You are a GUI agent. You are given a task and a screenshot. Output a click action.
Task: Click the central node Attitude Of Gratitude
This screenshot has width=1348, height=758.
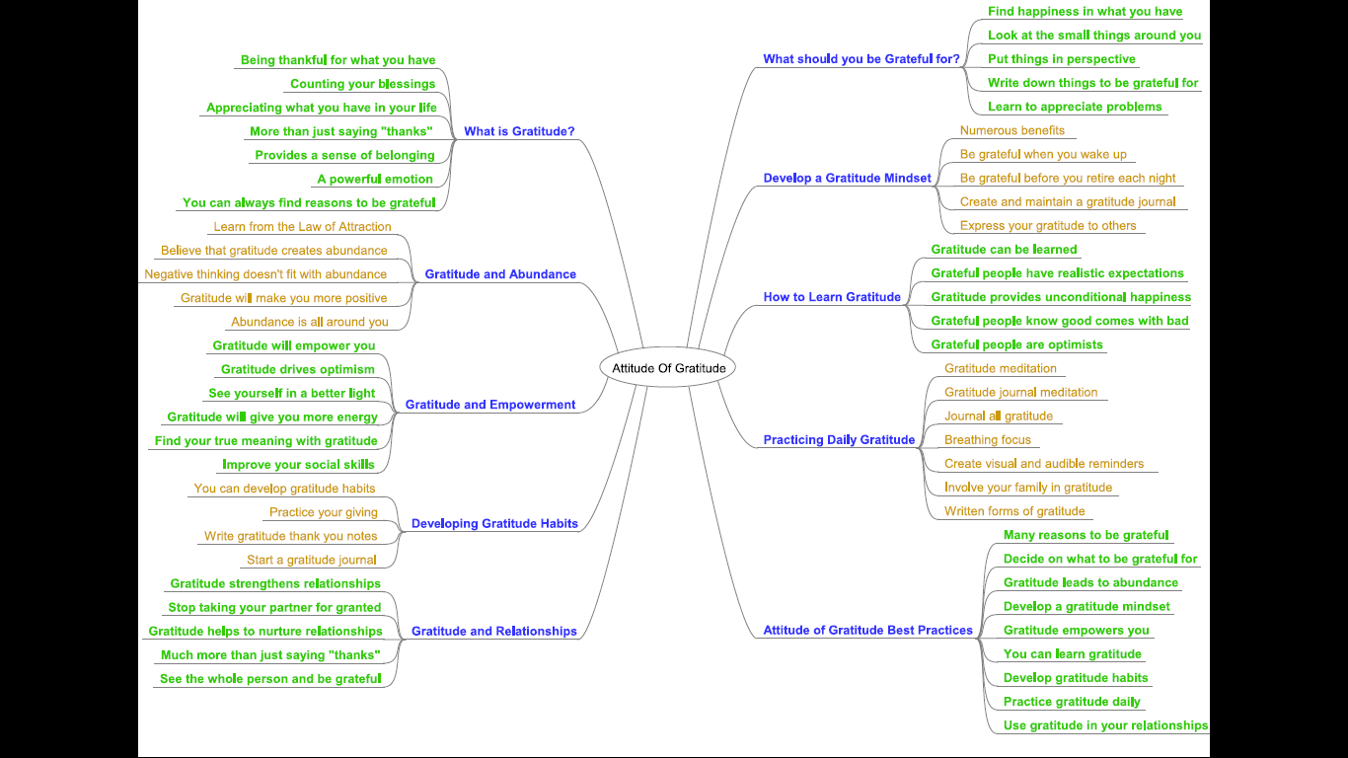pyautogui.click(x=668, y=368)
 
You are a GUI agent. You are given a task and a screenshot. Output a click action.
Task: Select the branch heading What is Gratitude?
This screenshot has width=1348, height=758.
pyautogui.click(x=519, y=131)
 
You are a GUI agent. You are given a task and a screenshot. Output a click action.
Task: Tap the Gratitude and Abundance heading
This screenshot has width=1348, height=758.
pyautogui.click(x=500, y=274)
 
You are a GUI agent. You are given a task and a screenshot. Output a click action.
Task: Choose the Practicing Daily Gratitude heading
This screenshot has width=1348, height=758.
pyautogui.click(x=839, y=440)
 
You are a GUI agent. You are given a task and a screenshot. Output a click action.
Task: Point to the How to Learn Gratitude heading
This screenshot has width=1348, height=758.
pyautogui.click(x=832, y=297)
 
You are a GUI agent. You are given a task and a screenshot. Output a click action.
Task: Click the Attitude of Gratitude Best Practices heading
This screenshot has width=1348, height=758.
pyautogui.click(x=867, y=631)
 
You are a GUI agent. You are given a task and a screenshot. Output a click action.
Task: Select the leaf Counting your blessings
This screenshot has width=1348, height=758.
pyautogui.click(x=362, y=84)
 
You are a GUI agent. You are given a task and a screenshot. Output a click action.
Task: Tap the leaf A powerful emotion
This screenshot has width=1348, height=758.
pyautogui.click(x=375, y=180)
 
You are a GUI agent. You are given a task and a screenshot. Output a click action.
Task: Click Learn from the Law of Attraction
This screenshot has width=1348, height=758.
pyautogui.click(x=302, y=227)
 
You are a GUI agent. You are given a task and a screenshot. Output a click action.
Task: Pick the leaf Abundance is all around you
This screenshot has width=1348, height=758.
pyautogui.click(x=309, y=322)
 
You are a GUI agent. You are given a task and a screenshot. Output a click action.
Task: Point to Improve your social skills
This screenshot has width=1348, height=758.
pyautogui.click(x=298, y=465)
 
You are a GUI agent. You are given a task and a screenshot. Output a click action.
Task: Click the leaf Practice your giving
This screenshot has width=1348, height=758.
pyautogui.click(x=323, y=512)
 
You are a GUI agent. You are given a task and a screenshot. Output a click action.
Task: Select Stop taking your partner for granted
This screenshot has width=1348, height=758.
pyautogui.click(x=274, y=608)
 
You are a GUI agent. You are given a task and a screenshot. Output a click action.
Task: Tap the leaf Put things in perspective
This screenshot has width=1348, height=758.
pyautogui.click(x=1061, y=59)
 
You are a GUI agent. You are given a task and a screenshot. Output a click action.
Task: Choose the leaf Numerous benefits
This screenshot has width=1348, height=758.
pyautogui.click(x=1011, y=130)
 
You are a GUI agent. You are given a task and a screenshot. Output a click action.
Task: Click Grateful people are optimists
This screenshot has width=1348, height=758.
pyautogui.click(x=1016, y=344)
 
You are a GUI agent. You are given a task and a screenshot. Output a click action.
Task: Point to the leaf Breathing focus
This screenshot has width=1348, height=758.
pyautogui.click(x=987, y=440)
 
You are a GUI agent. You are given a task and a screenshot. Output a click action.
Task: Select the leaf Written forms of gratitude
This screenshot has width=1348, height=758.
pyautogui.click(x=1013, y=511)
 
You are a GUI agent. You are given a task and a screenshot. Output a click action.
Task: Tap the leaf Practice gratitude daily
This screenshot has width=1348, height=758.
pyautogui.click(x=1072, y=702)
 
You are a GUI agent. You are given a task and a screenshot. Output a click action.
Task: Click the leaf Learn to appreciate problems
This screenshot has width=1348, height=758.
pyautogui.click(x=1075, y=107)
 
